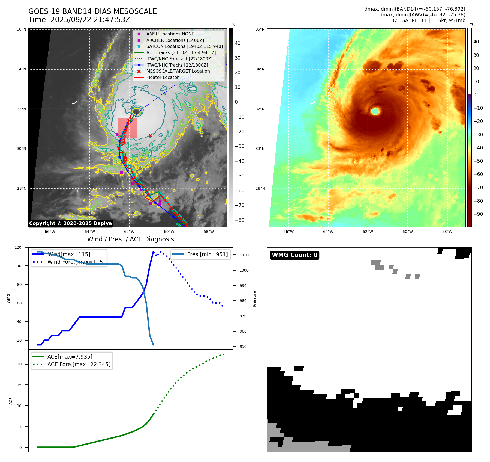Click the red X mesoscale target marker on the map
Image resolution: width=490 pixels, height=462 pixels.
point(151,135)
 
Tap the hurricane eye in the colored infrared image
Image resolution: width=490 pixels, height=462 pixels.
point(375,111)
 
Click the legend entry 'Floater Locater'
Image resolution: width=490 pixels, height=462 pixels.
point(162,78)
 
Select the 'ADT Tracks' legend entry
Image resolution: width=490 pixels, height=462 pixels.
point(181,52)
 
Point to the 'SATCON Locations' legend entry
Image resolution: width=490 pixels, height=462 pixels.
point(184,46)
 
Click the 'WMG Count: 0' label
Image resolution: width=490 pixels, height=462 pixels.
point(294,255)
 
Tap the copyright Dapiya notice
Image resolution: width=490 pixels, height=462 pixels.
point(70,223)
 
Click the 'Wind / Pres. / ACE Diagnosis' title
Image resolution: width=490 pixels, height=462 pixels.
point(130,239)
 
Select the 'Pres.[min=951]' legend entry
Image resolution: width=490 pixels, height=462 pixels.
point(207,254)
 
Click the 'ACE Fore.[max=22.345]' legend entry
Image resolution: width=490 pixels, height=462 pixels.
point(79,364)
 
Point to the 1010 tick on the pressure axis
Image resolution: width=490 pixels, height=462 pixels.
point(244,255)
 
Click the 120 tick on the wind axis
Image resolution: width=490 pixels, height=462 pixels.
point(18,247)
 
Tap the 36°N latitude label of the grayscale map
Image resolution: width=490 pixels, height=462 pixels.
point(22,29)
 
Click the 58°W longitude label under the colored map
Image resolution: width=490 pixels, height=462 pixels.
point(447,232)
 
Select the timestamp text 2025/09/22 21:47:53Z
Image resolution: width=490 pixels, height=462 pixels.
point(90,20)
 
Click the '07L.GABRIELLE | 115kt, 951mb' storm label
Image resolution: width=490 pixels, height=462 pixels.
point(428,20)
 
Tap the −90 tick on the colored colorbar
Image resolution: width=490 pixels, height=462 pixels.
point(478,214)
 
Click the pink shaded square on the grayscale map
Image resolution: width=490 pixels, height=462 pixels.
point(127,128)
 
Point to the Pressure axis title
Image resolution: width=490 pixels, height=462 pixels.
point(254,299)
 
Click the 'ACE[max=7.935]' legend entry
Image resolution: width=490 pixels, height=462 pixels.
point(70,357)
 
